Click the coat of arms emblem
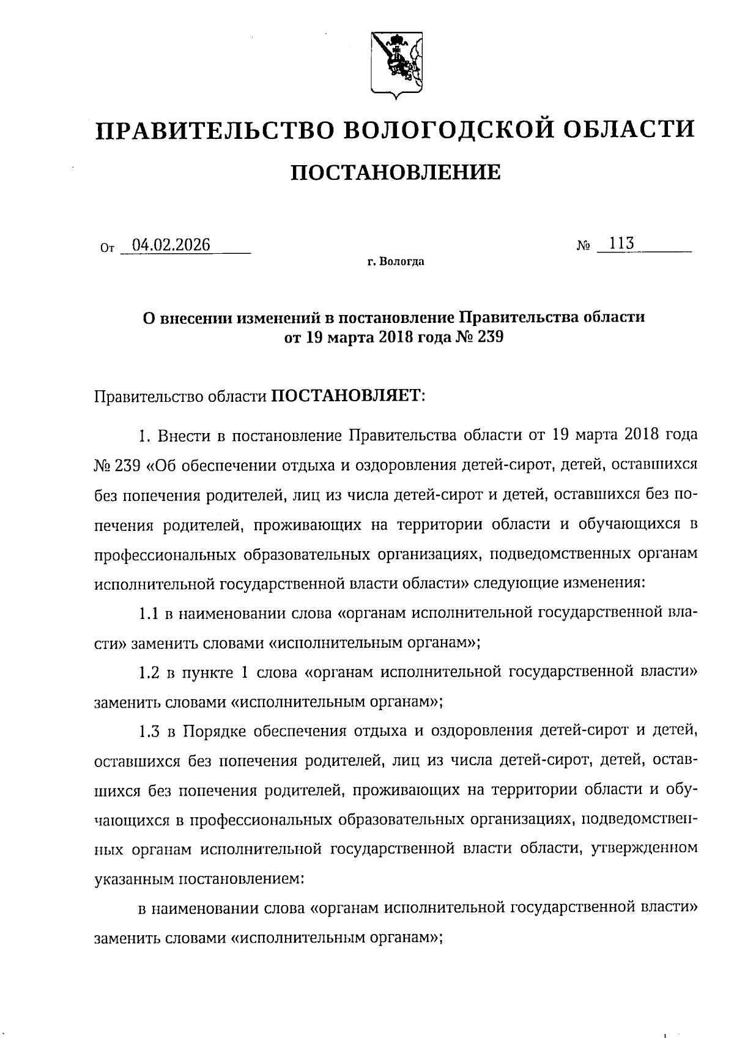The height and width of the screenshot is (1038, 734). [396, 63]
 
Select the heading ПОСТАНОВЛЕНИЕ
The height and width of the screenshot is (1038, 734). [395, 173]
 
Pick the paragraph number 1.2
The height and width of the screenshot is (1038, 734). [149, 672]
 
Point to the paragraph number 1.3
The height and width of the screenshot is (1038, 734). [149, 731]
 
